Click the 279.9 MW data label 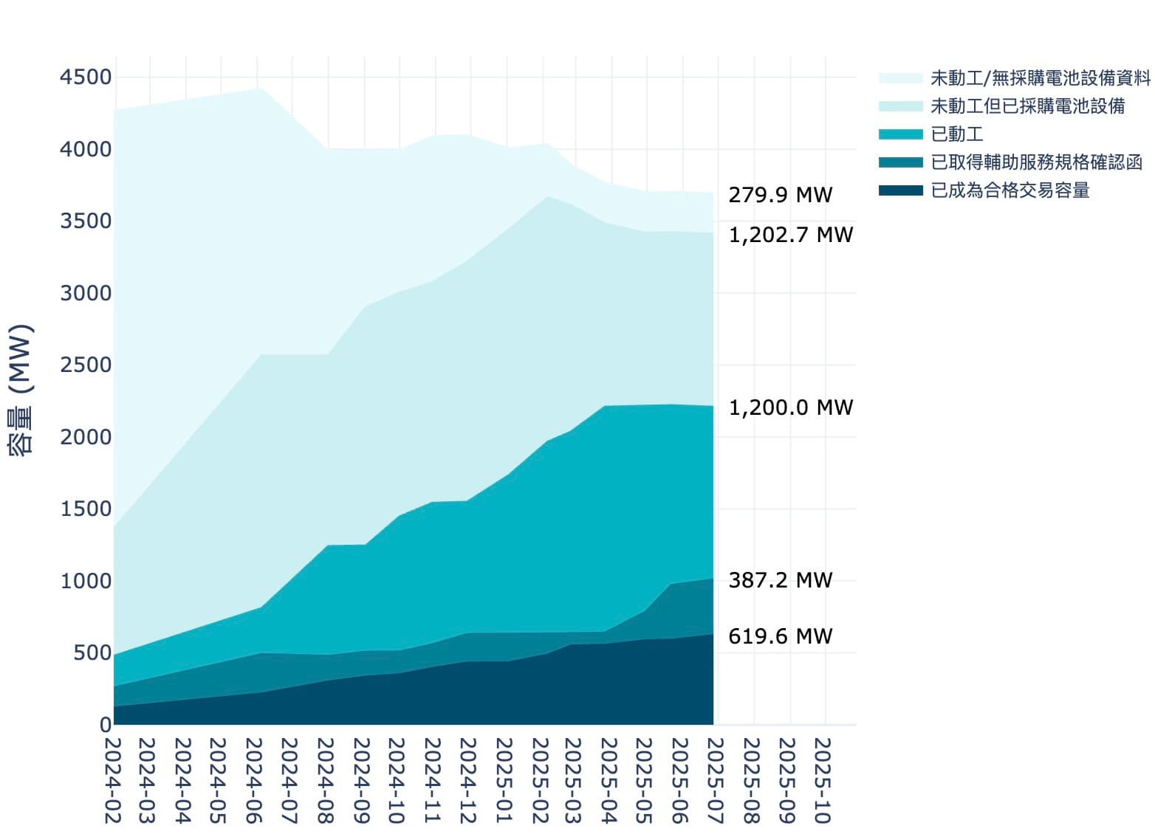[780, 195]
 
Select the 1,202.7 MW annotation [790, 235]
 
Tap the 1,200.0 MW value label [790, 407]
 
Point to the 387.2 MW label [780, 580]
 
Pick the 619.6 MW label [780, 636]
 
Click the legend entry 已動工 [957, 134]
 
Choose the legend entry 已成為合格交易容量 [1010, 190]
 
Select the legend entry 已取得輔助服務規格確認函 [1036, 162]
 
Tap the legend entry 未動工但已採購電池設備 [1027, 106]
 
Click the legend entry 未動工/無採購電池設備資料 [1040, 77]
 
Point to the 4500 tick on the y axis [86, 77]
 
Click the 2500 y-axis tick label [86, 365]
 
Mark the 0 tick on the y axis [106, 725]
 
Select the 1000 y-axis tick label [86, 581]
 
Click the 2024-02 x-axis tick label [112, 781]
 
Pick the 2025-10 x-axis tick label [823, 781]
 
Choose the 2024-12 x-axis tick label [467, 781]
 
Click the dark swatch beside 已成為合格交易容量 [900, 190]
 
